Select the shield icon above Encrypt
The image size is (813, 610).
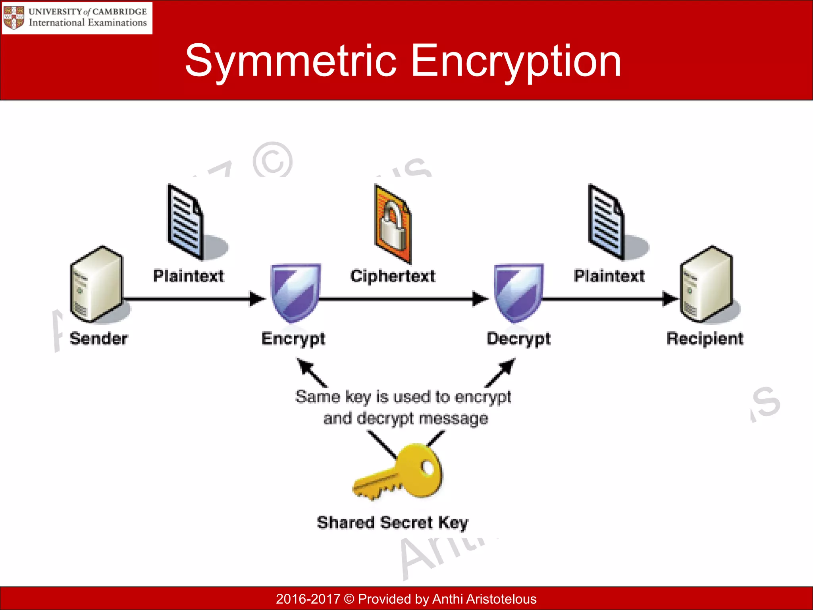(x=295, y=292)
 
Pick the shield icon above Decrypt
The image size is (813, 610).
(x=518, y=292)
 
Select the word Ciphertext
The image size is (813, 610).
(x=393, y=276)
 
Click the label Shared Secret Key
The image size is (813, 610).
(x=393, y=523)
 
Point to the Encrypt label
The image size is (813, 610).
(x=293, y=339)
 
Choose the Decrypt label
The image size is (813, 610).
(x=518, y=339)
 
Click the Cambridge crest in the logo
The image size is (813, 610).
(x=14, y=17)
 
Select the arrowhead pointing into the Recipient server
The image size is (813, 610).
(x=670, y=299)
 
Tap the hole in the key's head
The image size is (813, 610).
(x=428, y=467)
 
